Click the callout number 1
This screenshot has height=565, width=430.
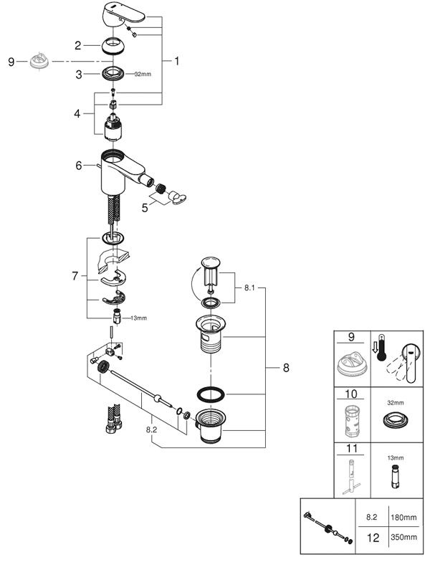tap(176, 61)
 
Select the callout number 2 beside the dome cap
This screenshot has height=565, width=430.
tap(78, 46)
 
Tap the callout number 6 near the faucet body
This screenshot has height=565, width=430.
tap(79, 166)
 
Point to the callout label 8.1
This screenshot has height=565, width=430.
tap(249, 288)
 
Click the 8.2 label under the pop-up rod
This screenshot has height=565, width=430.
tap(152, 429)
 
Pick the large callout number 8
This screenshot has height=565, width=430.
tap(286, 368)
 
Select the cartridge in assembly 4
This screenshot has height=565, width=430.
tap(113, 126)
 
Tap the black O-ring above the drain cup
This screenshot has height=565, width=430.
tap(211, 394)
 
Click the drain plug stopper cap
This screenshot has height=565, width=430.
tap(211, 262)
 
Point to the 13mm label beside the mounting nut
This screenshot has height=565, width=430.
tap(138, 318)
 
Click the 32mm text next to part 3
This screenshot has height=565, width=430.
tap(143, 75)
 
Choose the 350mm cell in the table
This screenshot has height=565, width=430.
tap(403, 536)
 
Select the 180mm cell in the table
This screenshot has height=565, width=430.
tap(403, 518)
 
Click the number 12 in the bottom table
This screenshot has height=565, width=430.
tap(373, 538)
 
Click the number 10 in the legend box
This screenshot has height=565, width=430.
tap(350, 394)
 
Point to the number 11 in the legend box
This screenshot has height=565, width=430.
tap(351, 449)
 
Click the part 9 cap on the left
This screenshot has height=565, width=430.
tap(39, 62)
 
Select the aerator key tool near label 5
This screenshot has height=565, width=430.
tap(177, 197)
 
